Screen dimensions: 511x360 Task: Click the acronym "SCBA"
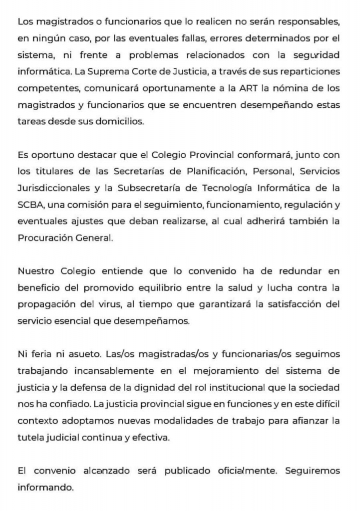click(28, 206)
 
